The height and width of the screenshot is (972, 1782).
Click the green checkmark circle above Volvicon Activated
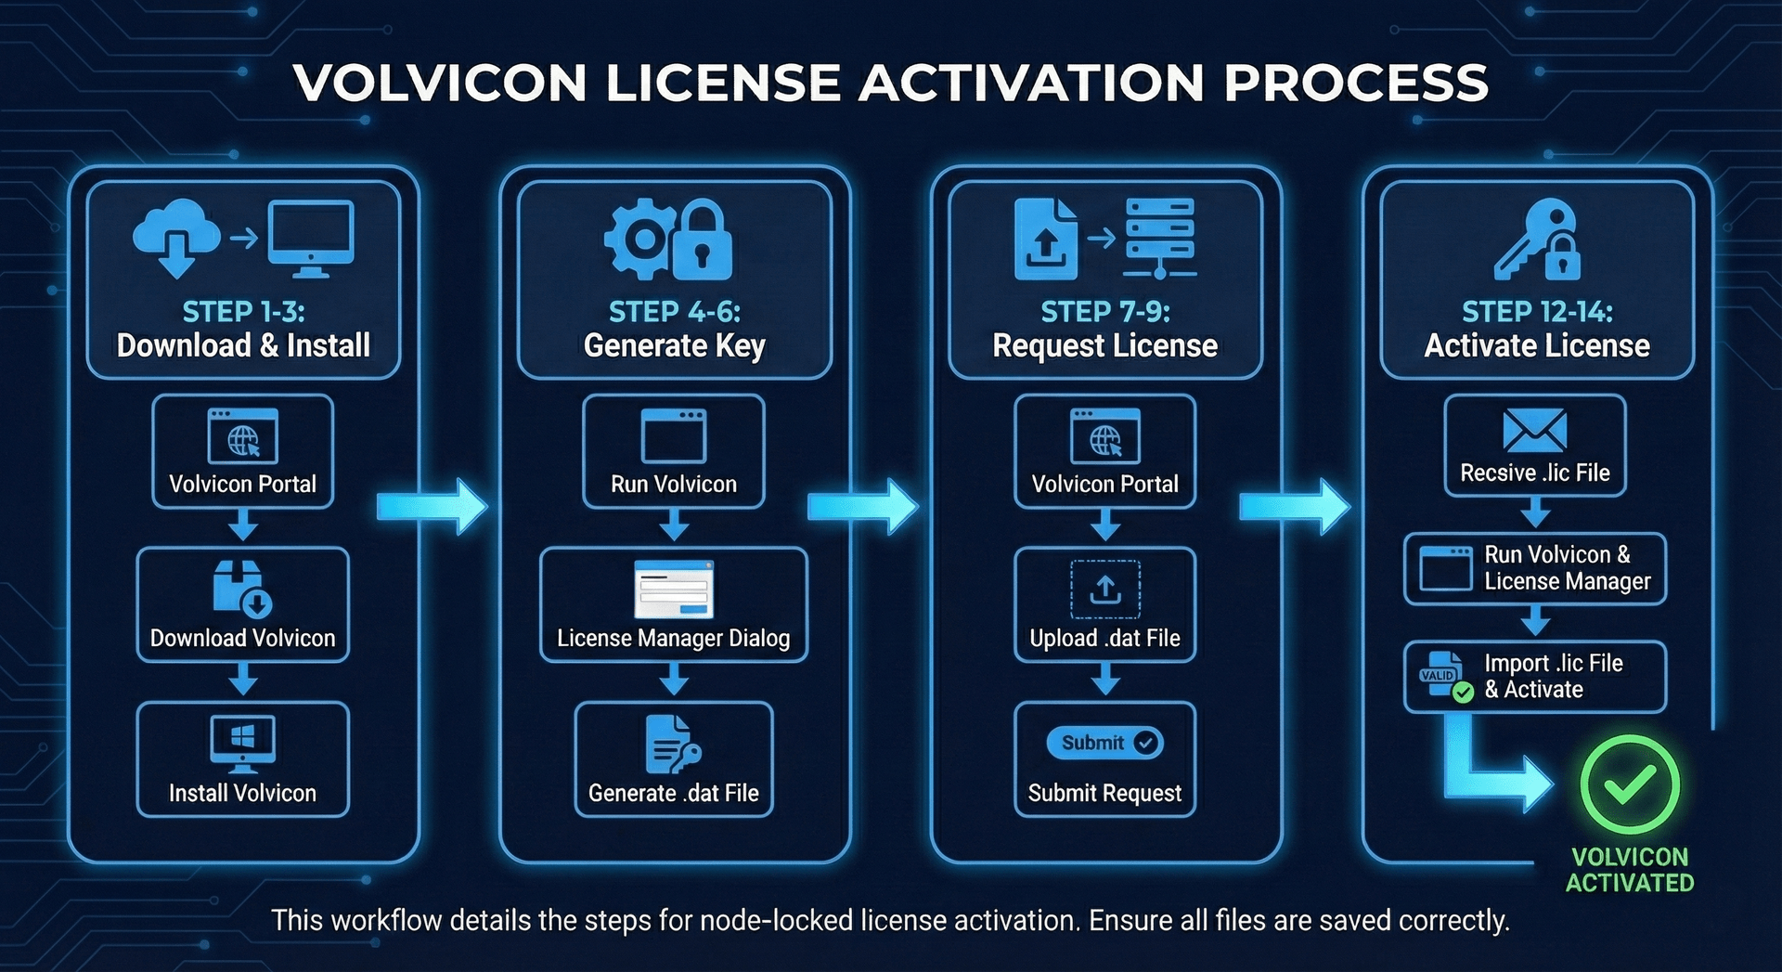point(1629,784)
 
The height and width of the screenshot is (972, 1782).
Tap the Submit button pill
point(1104,743)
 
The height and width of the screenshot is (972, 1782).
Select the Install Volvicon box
point(242,759)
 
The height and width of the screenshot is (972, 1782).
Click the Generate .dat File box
point(674,759)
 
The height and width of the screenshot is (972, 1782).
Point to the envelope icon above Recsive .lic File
point(1534,431)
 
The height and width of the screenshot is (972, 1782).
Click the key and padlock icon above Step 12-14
point(1537,240)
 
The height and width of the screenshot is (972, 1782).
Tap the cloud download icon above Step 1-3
point(175,238)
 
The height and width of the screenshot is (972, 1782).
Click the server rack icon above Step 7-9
point(1159,238)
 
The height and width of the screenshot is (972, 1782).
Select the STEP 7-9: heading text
point(1104,312)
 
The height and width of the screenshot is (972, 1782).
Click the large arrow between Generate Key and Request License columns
point(862,506)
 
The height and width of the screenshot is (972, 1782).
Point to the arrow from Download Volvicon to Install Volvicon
point(243,681)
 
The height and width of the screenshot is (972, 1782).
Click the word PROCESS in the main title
point(1356,83)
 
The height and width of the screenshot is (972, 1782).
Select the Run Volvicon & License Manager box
point(1535,568)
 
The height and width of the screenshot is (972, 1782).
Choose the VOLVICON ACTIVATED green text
point(1630,870)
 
